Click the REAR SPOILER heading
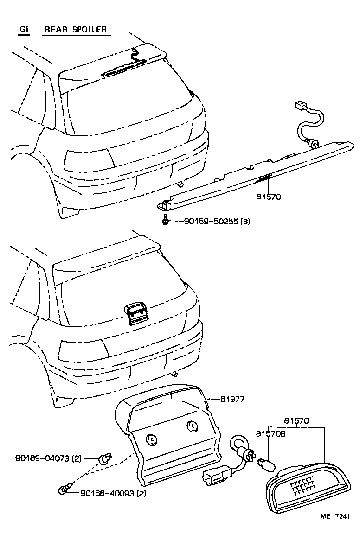(76, 30)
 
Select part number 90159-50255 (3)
(211, 222)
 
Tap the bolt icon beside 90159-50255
(166, 221)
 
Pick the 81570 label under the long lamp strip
(268, 197)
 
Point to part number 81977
(232, 399)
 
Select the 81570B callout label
(270, 434)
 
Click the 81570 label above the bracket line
(297, 421)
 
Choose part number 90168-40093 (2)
(113, 493)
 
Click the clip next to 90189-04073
(105, 459)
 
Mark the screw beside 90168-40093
(64, 489)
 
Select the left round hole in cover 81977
(151, 439)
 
